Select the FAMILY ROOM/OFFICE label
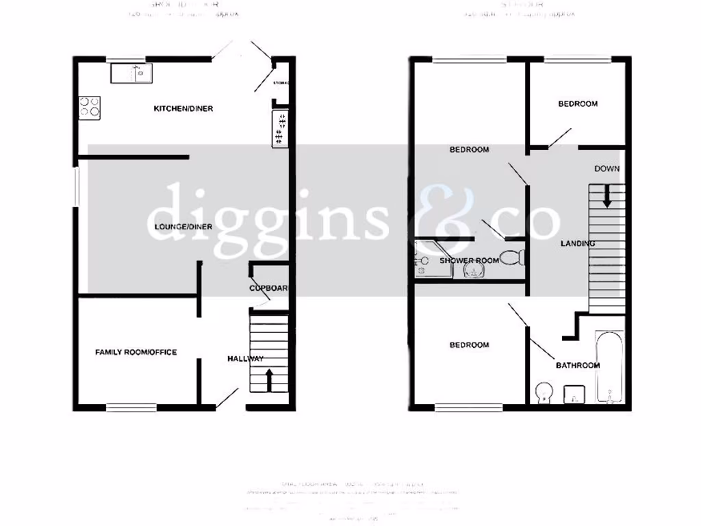tap(136, 352)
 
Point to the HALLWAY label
tap(245, 358)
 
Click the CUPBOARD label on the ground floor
tap(269, 288)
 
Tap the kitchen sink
tap(132, 73)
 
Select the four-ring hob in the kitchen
tap(90, 108)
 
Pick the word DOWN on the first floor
tap(607, 168)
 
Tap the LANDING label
tap(578, 243)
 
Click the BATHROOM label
tap(577, 365)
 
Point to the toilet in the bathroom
tap(543, 392)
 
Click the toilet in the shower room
tap(512, 258)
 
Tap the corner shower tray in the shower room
tap(433, 260)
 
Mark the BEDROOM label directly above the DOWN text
tap(578, 104)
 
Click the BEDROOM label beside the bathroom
tap(469, 345)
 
